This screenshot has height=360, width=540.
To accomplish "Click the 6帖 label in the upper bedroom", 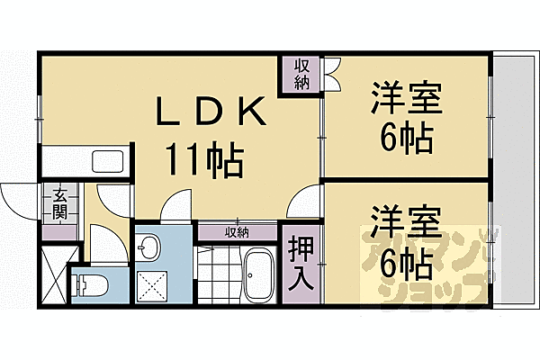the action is point(406,139).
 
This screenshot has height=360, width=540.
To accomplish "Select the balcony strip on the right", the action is point(513,180).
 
